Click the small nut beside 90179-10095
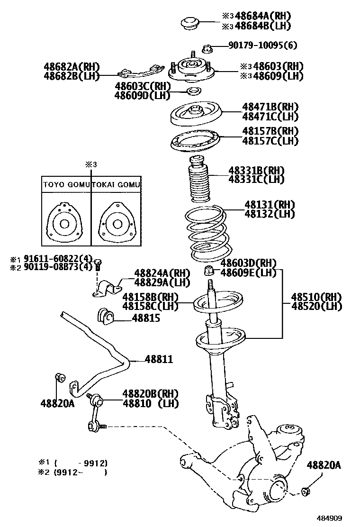[x=207, y=47]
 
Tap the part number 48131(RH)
[x=270, y=204]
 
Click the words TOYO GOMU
[x=66, y=184]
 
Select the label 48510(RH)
[x=316, y=297]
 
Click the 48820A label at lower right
[x=323, y=465]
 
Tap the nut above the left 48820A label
[x=60, y=377]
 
